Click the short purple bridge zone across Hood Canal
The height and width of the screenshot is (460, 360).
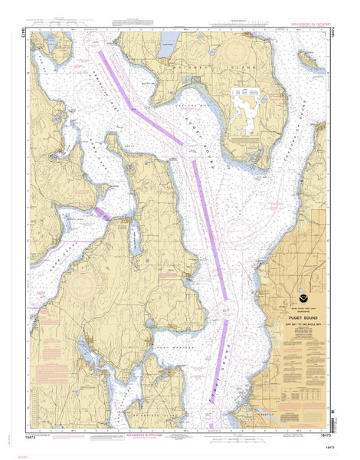click(x=103, y=214)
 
